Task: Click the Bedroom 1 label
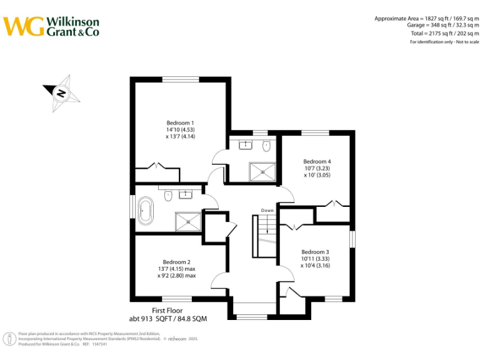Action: (180, 122)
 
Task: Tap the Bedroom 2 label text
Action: (176, 262)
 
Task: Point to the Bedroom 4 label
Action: (317, 161)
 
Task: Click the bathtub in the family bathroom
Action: (146, 211)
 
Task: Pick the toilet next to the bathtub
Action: (167, 196)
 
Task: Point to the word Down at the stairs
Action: (267, 211)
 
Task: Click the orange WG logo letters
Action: (24, 26)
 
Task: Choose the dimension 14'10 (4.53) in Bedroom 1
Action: (181, 129)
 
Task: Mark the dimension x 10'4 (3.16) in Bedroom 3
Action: (314, 266)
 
